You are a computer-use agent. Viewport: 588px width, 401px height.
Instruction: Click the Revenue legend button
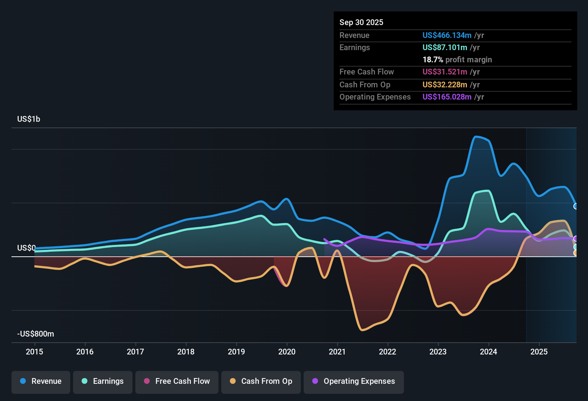(41, 381)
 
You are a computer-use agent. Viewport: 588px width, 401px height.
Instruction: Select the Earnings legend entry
(103, 381)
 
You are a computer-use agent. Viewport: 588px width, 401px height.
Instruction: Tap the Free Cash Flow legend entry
(177, 381)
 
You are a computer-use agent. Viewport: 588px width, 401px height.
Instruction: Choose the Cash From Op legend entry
(261, 381)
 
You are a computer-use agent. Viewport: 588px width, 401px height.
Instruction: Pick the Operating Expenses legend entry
(354, 381)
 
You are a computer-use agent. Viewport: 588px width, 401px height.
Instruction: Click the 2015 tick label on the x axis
(34, 352)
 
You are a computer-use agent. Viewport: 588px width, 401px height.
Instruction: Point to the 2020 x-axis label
(287, 352)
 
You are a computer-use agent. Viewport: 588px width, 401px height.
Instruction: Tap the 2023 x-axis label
(438, 352)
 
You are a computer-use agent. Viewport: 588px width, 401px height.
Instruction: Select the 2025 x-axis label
(539, 352)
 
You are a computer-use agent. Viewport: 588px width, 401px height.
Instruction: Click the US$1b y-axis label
(29, 119)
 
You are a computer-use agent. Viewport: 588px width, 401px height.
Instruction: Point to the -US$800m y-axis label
(35, 334)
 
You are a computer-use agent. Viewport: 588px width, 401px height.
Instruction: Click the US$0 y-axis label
(26, 248)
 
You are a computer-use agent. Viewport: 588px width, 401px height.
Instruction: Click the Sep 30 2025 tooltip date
(361, 22)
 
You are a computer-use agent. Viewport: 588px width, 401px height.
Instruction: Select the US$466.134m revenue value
(447, 35)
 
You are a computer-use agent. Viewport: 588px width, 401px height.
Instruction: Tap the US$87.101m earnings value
(444, 47)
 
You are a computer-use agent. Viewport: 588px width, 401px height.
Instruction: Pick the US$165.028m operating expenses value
(447, 97)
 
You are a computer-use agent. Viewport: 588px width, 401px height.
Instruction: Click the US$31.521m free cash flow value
(444, 72)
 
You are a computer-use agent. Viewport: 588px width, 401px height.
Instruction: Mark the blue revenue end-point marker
(576, 206)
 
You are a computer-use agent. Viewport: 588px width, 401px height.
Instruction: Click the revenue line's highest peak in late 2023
(476, 136)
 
